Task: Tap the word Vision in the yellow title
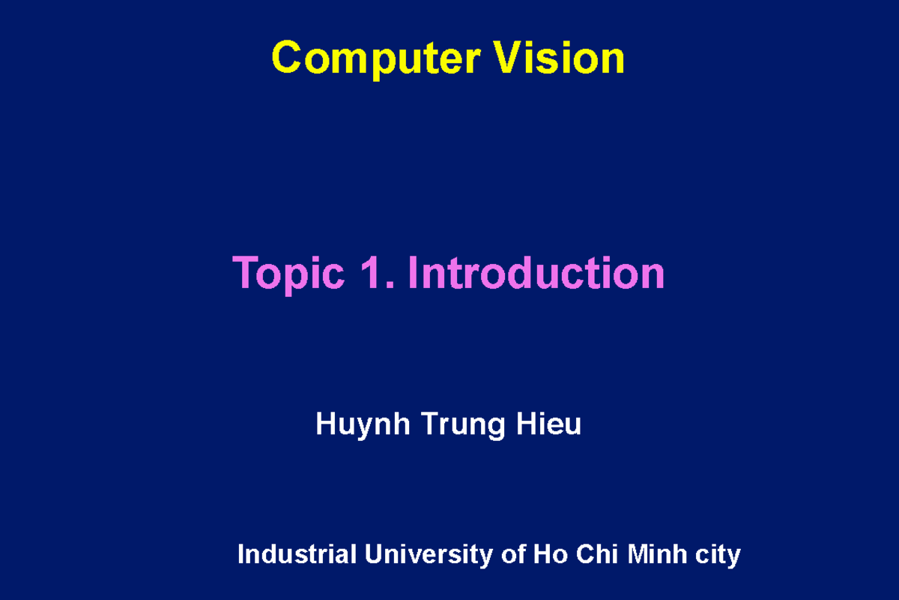click(x=559, y=58)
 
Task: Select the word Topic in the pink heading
click(x=288, y=274)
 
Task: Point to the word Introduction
click(x=536, y=273)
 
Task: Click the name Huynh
click(x=363, y=425)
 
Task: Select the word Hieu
click(x=548, y=424)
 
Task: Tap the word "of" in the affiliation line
click(x=513, y=555)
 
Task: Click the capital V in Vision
click(x=506, y=58)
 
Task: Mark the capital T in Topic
click(x=246, y=273)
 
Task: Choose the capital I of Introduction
click(x=413, y=273)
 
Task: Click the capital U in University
click(x=374, y=555)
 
